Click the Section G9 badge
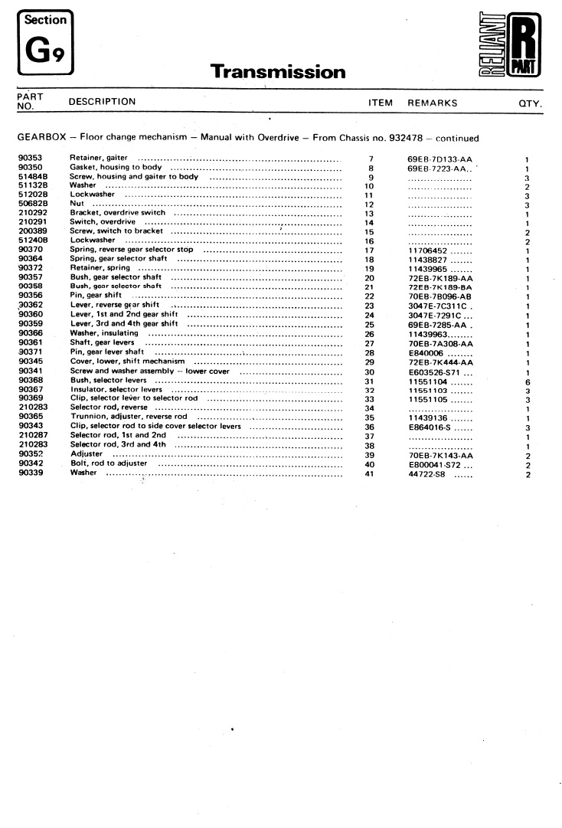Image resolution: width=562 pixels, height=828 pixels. (44, 42)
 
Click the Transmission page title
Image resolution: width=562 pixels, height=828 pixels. (278, 72)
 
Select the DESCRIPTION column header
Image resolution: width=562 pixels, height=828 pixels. (102, 102)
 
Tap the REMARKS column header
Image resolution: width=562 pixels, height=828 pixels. (432, 103)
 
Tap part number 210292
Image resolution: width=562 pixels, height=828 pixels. (32, 213)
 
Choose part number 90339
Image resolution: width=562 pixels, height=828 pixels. (30, 473)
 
